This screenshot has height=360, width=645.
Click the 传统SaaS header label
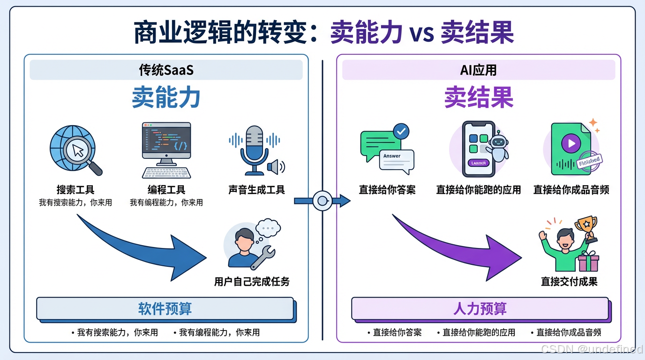pos(166,70)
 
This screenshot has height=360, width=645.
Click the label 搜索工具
pos(75,190)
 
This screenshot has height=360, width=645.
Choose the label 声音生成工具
pos(256,190)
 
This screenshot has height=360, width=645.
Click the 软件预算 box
pos(165,308)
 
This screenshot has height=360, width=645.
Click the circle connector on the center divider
pos(322,201)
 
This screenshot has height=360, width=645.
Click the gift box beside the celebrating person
pos(588,262)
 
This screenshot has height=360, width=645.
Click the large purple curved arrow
pos(464,248)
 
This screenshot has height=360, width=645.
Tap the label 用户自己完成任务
pos(252,282)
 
